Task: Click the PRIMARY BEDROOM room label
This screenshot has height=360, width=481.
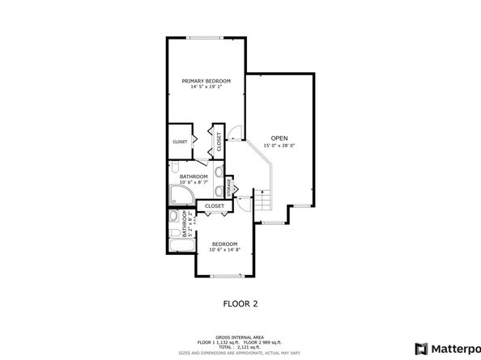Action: coord(206,81)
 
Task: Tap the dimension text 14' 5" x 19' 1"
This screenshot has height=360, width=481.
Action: coord(206,87)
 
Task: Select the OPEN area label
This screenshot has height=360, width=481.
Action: coord(279,138)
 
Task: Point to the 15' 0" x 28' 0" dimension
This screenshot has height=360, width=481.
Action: coord(279,146)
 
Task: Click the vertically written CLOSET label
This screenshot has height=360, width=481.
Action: coord(219,142)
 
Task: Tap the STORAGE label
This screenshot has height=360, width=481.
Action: coord(229,186)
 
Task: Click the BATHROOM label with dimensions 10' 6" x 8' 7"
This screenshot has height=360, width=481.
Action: coord(194,176)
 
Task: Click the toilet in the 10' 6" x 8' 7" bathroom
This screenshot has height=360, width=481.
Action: coord(219,191)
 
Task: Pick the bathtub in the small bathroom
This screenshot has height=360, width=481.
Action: coord(177,244)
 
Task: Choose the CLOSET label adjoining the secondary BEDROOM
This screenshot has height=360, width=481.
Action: coord(215,206)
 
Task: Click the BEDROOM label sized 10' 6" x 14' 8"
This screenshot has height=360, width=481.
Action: coord(224,244)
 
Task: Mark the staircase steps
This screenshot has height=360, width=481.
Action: coord(263,199)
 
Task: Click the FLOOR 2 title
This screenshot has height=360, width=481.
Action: coord(240,303)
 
